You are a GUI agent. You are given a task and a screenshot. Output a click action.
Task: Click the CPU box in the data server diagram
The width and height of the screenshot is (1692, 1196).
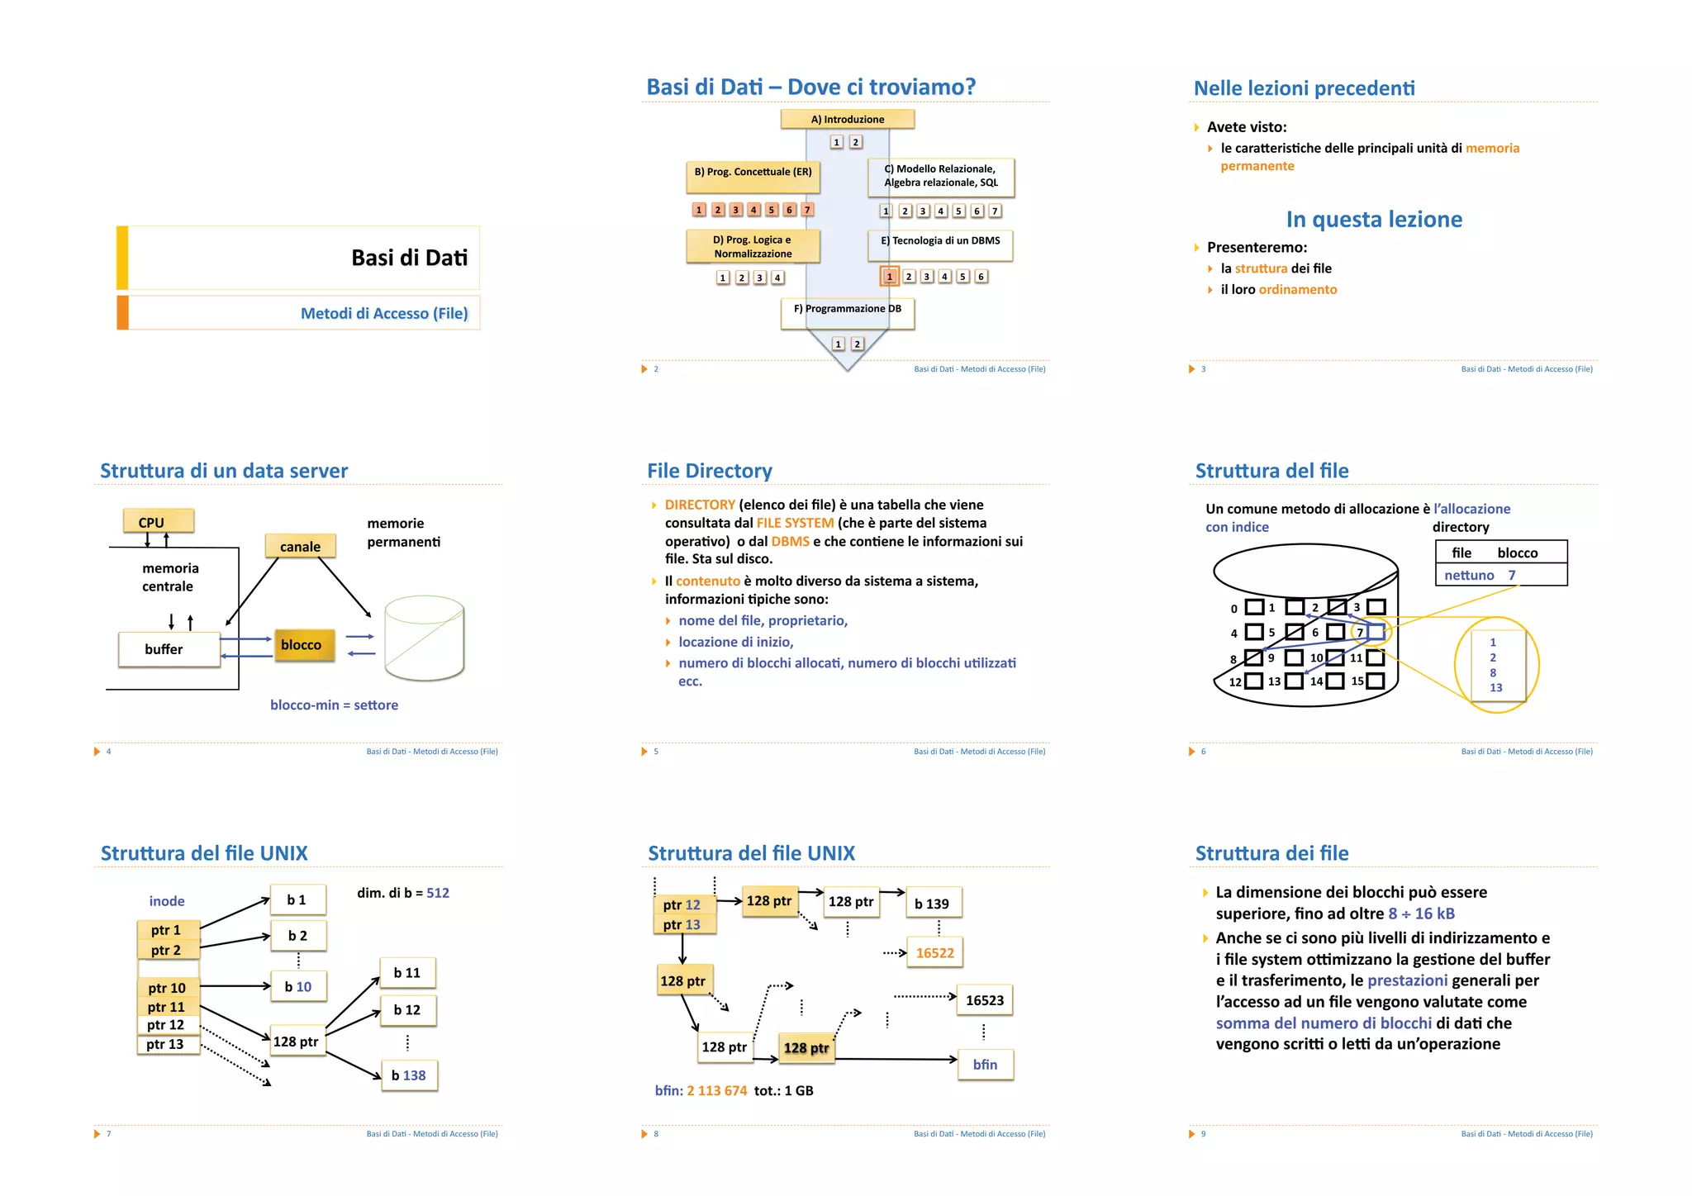[x=158, y=522]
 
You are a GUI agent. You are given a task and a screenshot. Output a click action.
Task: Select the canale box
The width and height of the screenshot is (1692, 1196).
[x=300, y=546]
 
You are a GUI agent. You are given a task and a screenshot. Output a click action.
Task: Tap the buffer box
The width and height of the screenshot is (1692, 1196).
[x=169, y=649]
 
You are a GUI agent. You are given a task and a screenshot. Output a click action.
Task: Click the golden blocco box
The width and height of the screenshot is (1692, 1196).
[x=303, y=645]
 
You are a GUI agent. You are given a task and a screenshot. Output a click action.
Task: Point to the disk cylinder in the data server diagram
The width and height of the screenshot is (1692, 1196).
[x=425, y=638]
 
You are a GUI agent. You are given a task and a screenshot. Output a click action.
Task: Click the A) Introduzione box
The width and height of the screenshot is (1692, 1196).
[x=847, y=119]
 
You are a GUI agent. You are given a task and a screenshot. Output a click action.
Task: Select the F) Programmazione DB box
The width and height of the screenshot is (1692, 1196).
[x=847, y=310]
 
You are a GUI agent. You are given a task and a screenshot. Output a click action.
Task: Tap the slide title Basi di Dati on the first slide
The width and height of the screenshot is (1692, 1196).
[x=409, y=258]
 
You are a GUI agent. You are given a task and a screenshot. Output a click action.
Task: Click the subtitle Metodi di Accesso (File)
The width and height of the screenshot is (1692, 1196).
[x=384, y=313]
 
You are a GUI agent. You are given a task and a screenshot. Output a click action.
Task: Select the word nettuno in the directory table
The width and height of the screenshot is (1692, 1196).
[x=1468, y=575]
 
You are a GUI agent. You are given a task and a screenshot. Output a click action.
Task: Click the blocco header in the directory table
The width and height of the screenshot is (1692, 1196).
[x=1517, y=553]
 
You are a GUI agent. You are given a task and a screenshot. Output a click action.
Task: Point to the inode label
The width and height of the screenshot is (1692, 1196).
[x=167, y=901]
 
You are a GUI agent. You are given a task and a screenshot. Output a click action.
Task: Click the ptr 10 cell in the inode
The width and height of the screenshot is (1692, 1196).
[x=168, y=988]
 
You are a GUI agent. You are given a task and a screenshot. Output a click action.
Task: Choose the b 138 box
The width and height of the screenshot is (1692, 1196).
[x=409, y=1075]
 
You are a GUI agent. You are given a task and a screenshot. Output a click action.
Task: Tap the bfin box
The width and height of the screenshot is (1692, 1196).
[x=985, y=1065]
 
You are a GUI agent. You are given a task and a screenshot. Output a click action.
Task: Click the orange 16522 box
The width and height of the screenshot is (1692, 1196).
[x=934, y=953]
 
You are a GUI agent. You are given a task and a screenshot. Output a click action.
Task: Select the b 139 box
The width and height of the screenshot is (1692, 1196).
[x=933, y=904]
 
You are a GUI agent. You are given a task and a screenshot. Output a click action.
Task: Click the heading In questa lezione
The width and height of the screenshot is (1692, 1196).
[x=1373, y=219]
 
